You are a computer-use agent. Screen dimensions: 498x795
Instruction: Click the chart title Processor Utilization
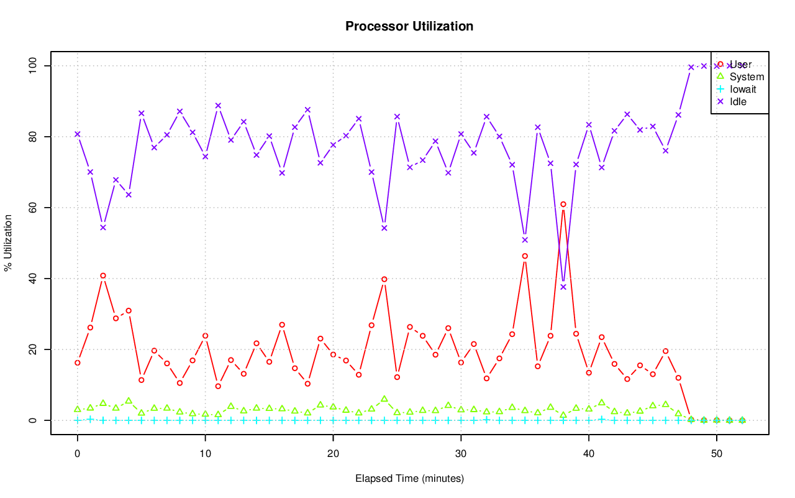click(x=409, y=27)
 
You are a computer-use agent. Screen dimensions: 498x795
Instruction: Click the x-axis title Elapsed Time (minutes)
click(x=409, y=479)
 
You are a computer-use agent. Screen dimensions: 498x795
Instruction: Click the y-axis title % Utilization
click(x=9, y=243)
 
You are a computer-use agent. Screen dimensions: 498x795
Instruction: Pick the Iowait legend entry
click(x=743, y=89)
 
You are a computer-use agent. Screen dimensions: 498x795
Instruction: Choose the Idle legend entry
click(x=738, y=101)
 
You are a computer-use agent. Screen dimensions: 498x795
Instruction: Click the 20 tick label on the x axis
click(x=333, y=454)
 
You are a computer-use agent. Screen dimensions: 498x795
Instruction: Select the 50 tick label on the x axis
click(x=716, y=454)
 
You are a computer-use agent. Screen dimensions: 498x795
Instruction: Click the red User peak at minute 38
click(x=563, y=205)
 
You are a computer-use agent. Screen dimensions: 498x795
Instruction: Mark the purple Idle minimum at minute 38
click(x=563, y=287)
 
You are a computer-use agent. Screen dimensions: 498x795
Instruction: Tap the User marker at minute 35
click(x=525, y=256)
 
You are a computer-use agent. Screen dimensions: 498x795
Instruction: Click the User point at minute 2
click(x=103, y=275)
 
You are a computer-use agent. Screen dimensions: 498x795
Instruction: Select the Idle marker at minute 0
click(x=78, y=134)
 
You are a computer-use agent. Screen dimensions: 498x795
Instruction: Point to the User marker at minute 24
click(x=384, y=279)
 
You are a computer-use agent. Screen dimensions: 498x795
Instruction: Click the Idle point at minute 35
click(x=525, y=240)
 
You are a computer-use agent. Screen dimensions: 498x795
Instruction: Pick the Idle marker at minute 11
click(x=218, y=106)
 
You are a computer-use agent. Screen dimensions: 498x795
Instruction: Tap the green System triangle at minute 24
click(x=384, y=399)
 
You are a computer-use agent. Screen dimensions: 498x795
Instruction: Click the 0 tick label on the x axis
click(x=78, y=454)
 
